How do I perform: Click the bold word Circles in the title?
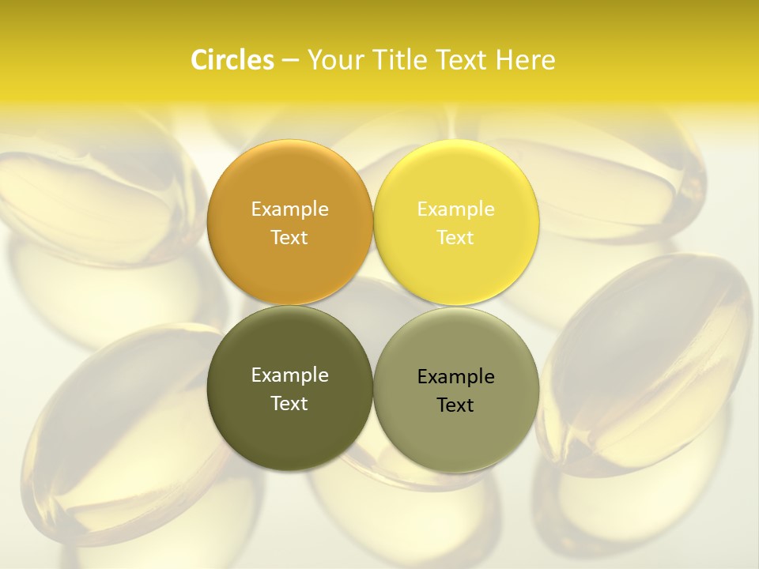232,60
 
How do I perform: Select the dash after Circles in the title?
290,61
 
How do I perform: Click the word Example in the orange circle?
289,209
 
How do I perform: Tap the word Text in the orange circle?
289,238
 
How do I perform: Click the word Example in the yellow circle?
455,209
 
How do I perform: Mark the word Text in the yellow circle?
455,238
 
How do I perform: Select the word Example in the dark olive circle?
289,375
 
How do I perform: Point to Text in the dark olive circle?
289,404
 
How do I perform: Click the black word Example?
455,377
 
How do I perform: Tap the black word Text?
455,405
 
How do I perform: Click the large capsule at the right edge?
648,364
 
